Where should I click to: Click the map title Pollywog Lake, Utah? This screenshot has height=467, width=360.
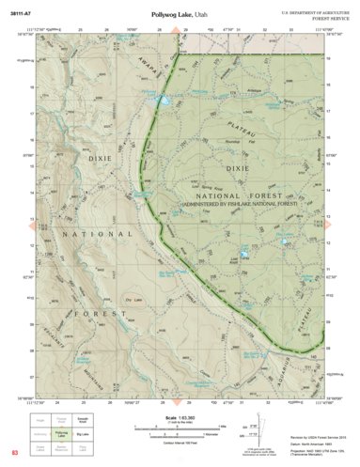click(x=180, y=17)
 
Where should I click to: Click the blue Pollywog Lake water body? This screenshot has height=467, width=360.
click(x=165, y=100)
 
